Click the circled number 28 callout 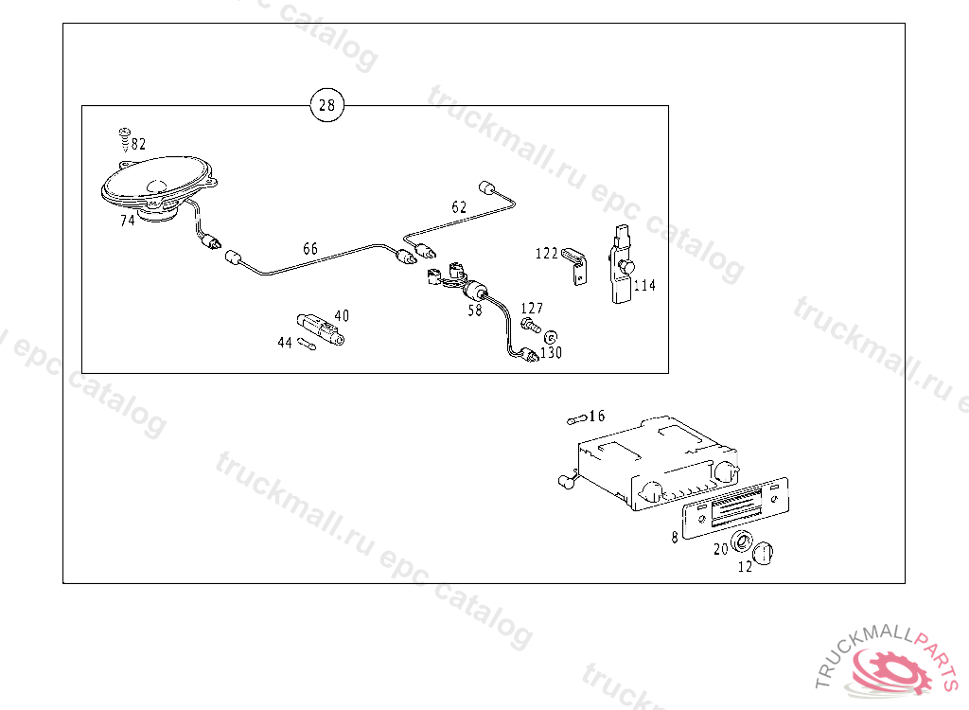click(x=326, y=105)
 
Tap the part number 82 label click(x=139, y=144)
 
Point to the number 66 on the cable click(x=310, y=249)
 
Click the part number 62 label click(x=459, y=206)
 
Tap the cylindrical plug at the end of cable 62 click(x=489, y=186)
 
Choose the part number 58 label click(x=474, y=310)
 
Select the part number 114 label click(x=644, y=285)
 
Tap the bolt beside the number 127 click(x=529, y=325)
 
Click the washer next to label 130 click(x=550, y=336)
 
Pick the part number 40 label click(x=342, y=315)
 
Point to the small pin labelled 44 click(x=306, y=345)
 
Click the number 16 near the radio click(x=596, y=416)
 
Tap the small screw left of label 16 click(x=574, y=418)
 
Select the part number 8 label click(x=674, y=537)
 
